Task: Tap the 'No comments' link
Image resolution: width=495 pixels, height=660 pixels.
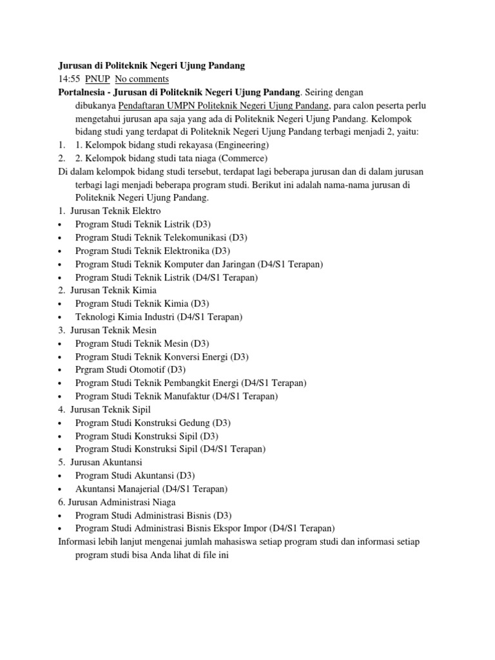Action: coord(142,79)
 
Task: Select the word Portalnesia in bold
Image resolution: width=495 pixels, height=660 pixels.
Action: coord(81,92)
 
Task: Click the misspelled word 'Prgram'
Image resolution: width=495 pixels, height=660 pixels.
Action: coord(90,370)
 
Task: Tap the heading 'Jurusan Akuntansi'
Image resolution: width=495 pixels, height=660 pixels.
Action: coord(106,462)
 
